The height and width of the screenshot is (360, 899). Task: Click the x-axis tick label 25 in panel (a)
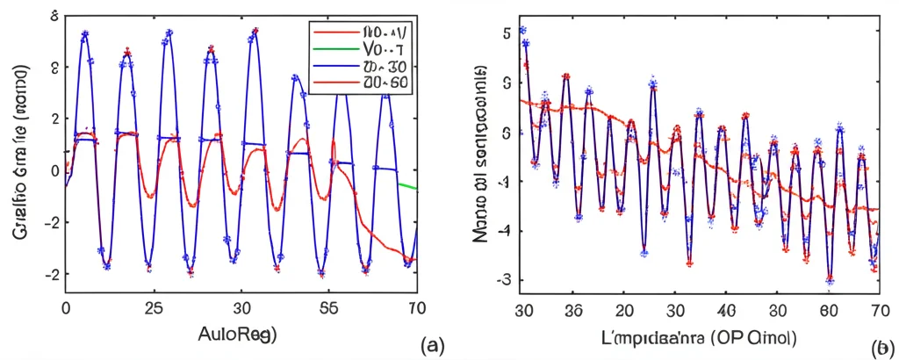point(152,309)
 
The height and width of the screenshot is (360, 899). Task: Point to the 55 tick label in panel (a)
point(328,309)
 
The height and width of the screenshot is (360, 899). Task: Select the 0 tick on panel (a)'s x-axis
point(66,309)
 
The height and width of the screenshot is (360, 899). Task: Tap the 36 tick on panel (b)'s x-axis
point(574,310)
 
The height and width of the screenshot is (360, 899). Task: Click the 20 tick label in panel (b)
point(624,310)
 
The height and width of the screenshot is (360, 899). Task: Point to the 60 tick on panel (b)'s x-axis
point(827,310)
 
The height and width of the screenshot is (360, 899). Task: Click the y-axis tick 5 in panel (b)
point(507,33)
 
